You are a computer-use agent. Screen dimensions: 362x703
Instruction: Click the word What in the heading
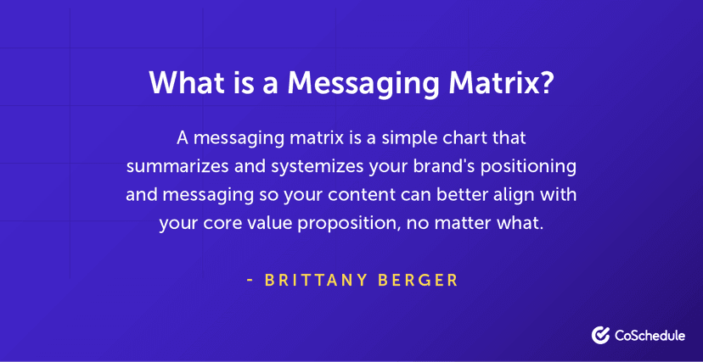183,83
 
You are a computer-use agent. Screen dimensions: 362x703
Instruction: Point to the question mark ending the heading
548,83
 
